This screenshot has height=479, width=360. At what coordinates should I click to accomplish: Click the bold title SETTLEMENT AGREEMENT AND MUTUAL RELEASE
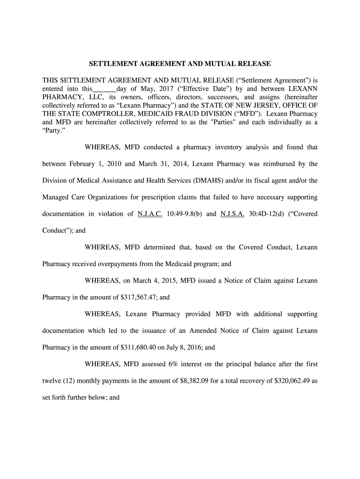point(180,63)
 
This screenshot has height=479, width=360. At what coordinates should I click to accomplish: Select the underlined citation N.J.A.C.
point(150,214)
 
